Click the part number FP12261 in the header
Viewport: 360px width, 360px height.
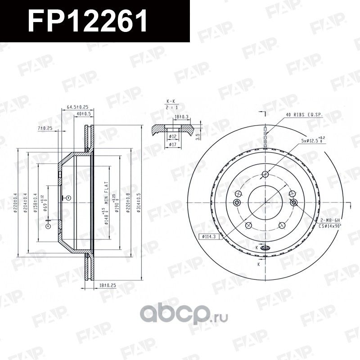pos(88,21)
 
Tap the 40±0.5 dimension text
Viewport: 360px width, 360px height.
pos(84,114)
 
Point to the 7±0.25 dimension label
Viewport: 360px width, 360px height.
pos(45,128)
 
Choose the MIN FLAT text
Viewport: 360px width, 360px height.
pos(108,184)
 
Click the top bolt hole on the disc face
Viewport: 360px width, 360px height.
pos(265,174)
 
